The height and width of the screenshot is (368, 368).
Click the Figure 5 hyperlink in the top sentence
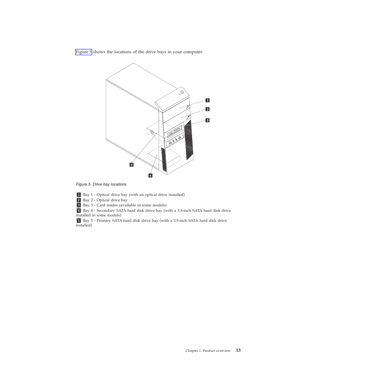pyautogui.click(x=83, y=52)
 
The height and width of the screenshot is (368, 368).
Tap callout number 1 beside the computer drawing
pyautogui.click(x=207, y=100)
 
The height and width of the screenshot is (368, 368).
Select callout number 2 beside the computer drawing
pyautogui.click(x=207, y=109)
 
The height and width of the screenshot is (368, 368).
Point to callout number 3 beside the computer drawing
pyautogui.click(x=207, y=120)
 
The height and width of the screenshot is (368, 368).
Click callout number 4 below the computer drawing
pyautogui.click(x=150, y=176)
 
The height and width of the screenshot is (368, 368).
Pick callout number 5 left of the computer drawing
pyautogui.click(x=132, y=165)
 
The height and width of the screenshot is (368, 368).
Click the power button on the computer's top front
pyautogui.click(x=182, y=93)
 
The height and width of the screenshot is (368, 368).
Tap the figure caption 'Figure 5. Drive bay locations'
pyautogui.click(x=101, y=184)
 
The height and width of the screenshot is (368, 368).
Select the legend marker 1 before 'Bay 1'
pyautogui.click(x=78, y=195)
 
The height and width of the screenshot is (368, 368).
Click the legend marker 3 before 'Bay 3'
pyautogui.click(x=78, y=205)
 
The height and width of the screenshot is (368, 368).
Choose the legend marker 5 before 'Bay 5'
pyautogui.click(x=78, y=221)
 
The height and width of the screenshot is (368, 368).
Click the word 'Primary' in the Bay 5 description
pyautogui.click(x=103, y=221)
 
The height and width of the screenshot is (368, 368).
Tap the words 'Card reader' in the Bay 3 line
pyautogui.click(x=107, y=205)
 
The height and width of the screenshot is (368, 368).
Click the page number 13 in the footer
pyautogui.click(x=238, y=351)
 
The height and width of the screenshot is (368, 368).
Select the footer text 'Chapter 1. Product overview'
pyautogui.click(x=208, y=351)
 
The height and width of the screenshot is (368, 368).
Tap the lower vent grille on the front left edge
pyautogui.click(x=164, y=159)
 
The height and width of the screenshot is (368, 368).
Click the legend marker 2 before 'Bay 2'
pyautogui.click(x=78, y=200)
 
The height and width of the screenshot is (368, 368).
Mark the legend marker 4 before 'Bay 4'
pyautogui.click(x=78, y=211)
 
